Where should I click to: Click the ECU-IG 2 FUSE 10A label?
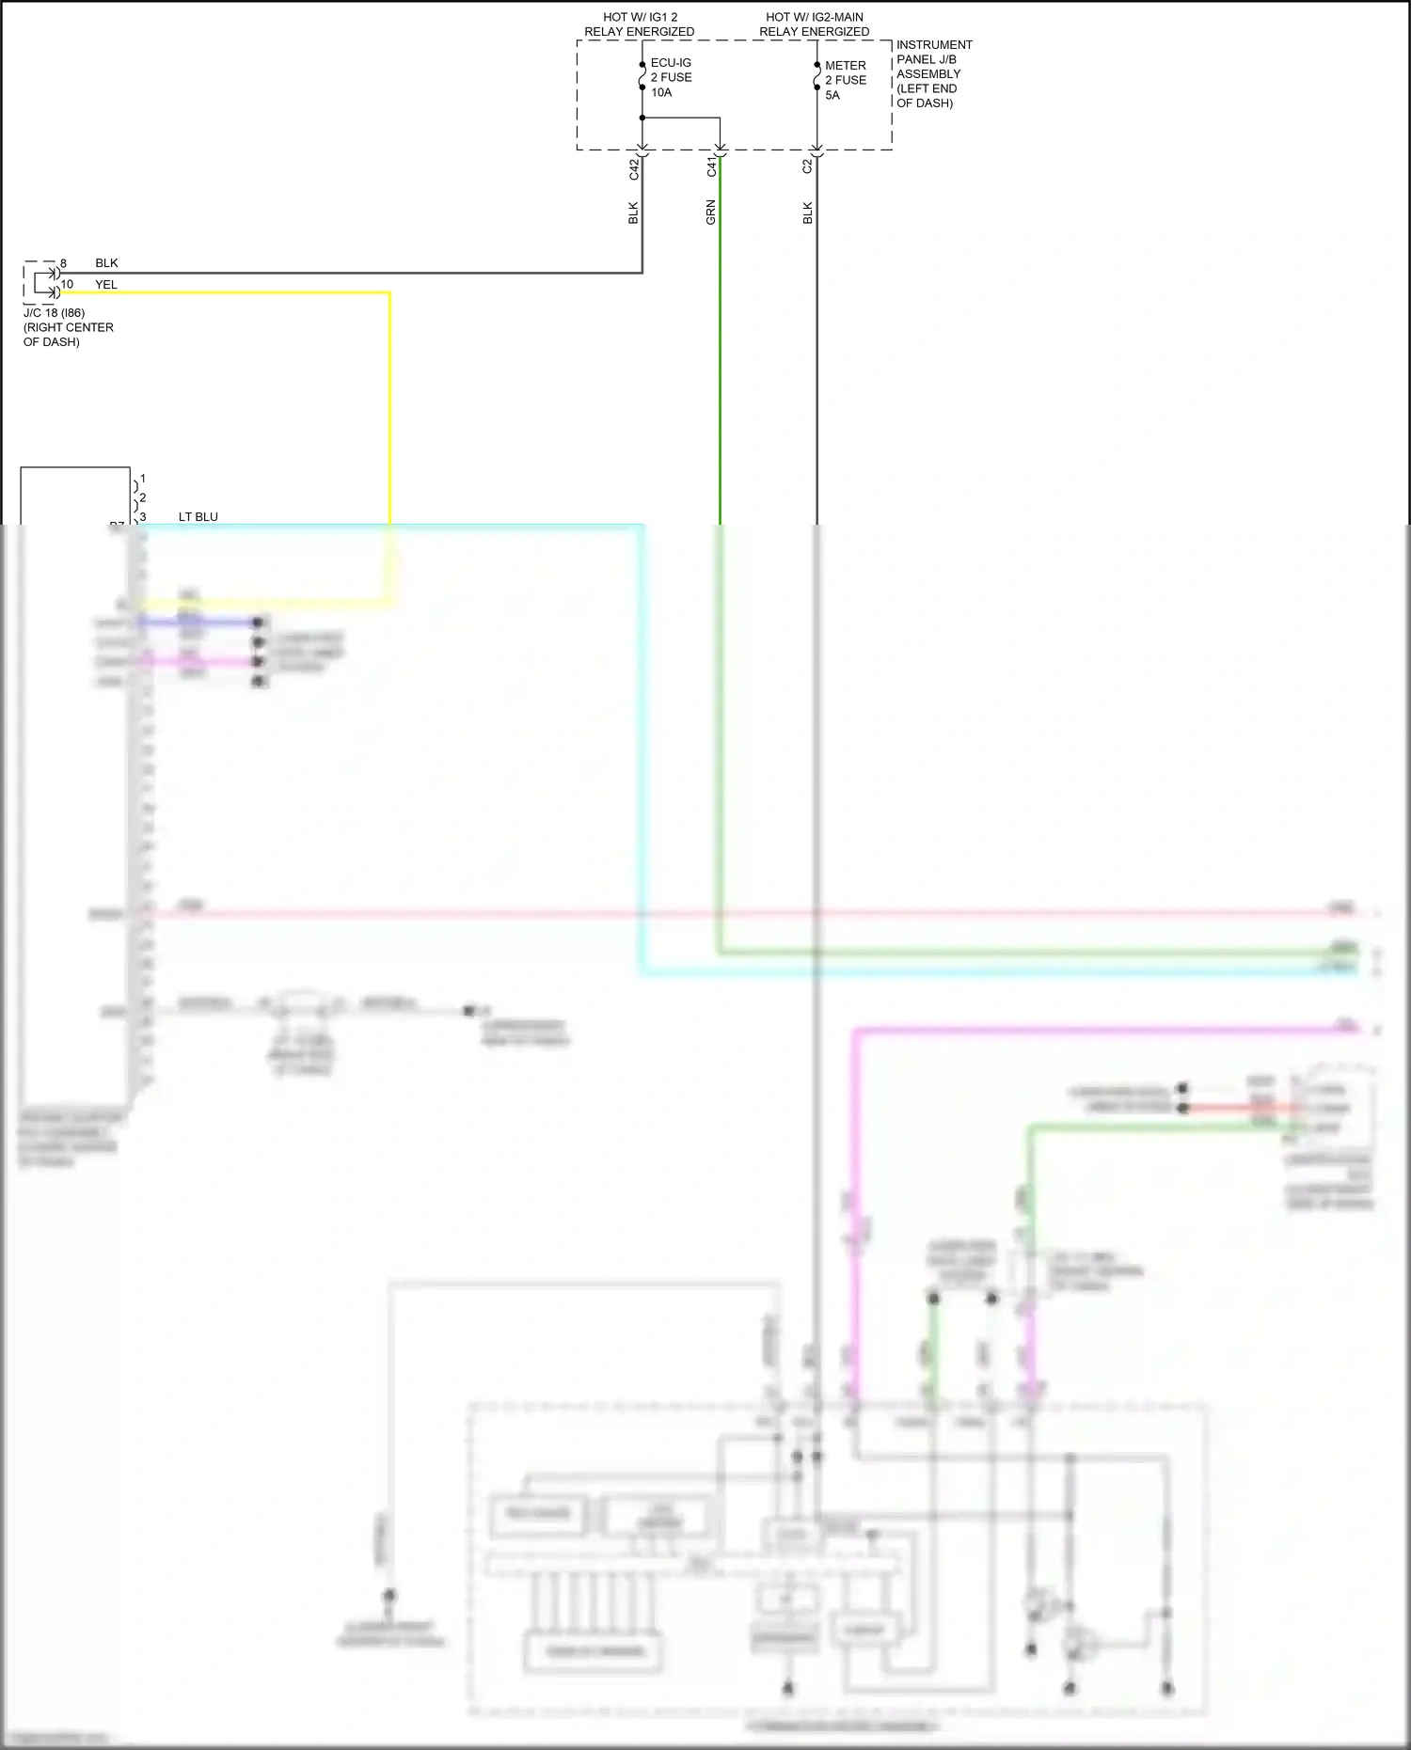[671, 77]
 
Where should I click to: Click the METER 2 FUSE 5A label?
[845, 80]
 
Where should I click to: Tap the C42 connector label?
[634, 168]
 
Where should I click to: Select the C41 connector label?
[712, 166]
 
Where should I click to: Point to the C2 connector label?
[807, 166]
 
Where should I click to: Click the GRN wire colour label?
[711, 213]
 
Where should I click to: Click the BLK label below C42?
[633, 213]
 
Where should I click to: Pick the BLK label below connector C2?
[807, 213]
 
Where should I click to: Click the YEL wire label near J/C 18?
[106, 284]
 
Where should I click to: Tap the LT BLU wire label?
[198, 516]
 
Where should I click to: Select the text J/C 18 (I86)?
[54, 312]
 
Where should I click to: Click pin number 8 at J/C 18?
[63, 263]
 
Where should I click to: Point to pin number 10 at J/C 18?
[67, 284]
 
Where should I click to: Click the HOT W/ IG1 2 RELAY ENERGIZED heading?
[640, 24]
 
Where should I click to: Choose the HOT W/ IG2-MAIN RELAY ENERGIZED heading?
[815, 24]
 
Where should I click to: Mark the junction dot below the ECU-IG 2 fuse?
[642, 118]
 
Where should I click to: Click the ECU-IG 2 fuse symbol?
[642, 76]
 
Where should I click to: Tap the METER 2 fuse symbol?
[816, 77]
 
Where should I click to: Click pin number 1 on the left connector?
[143, 479]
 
